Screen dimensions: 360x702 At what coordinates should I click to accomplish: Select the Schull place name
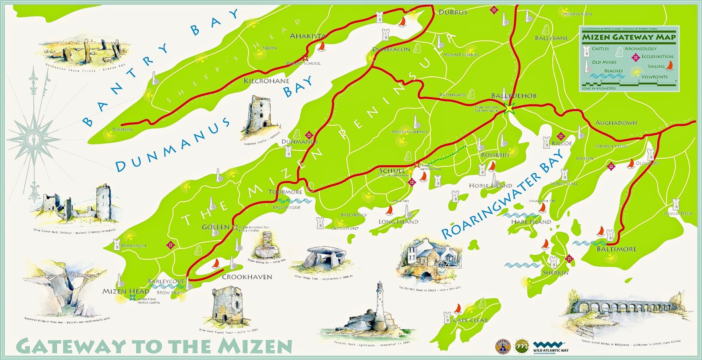tap(392, 171)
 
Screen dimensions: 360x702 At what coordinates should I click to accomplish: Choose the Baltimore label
tap(616, 249)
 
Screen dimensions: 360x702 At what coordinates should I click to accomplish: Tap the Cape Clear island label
tap(470, 320)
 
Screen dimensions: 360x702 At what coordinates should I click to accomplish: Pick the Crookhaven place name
tap(247, 277)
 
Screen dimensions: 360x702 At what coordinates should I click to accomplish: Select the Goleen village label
tap(216, 227)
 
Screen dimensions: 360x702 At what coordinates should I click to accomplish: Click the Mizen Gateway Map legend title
tap(629, 37)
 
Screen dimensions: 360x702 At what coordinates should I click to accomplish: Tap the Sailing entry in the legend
tap(656, 66)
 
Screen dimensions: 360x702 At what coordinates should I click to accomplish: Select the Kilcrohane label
tap(266, 81)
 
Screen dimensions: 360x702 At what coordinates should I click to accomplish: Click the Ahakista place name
tap(308, 36)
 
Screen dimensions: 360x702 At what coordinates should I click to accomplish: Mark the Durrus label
tap(453, 13)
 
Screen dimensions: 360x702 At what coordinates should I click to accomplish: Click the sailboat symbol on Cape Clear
tap(456, 308)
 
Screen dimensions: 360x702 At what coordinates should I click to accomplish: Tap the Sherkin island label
tap(555, 273)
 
